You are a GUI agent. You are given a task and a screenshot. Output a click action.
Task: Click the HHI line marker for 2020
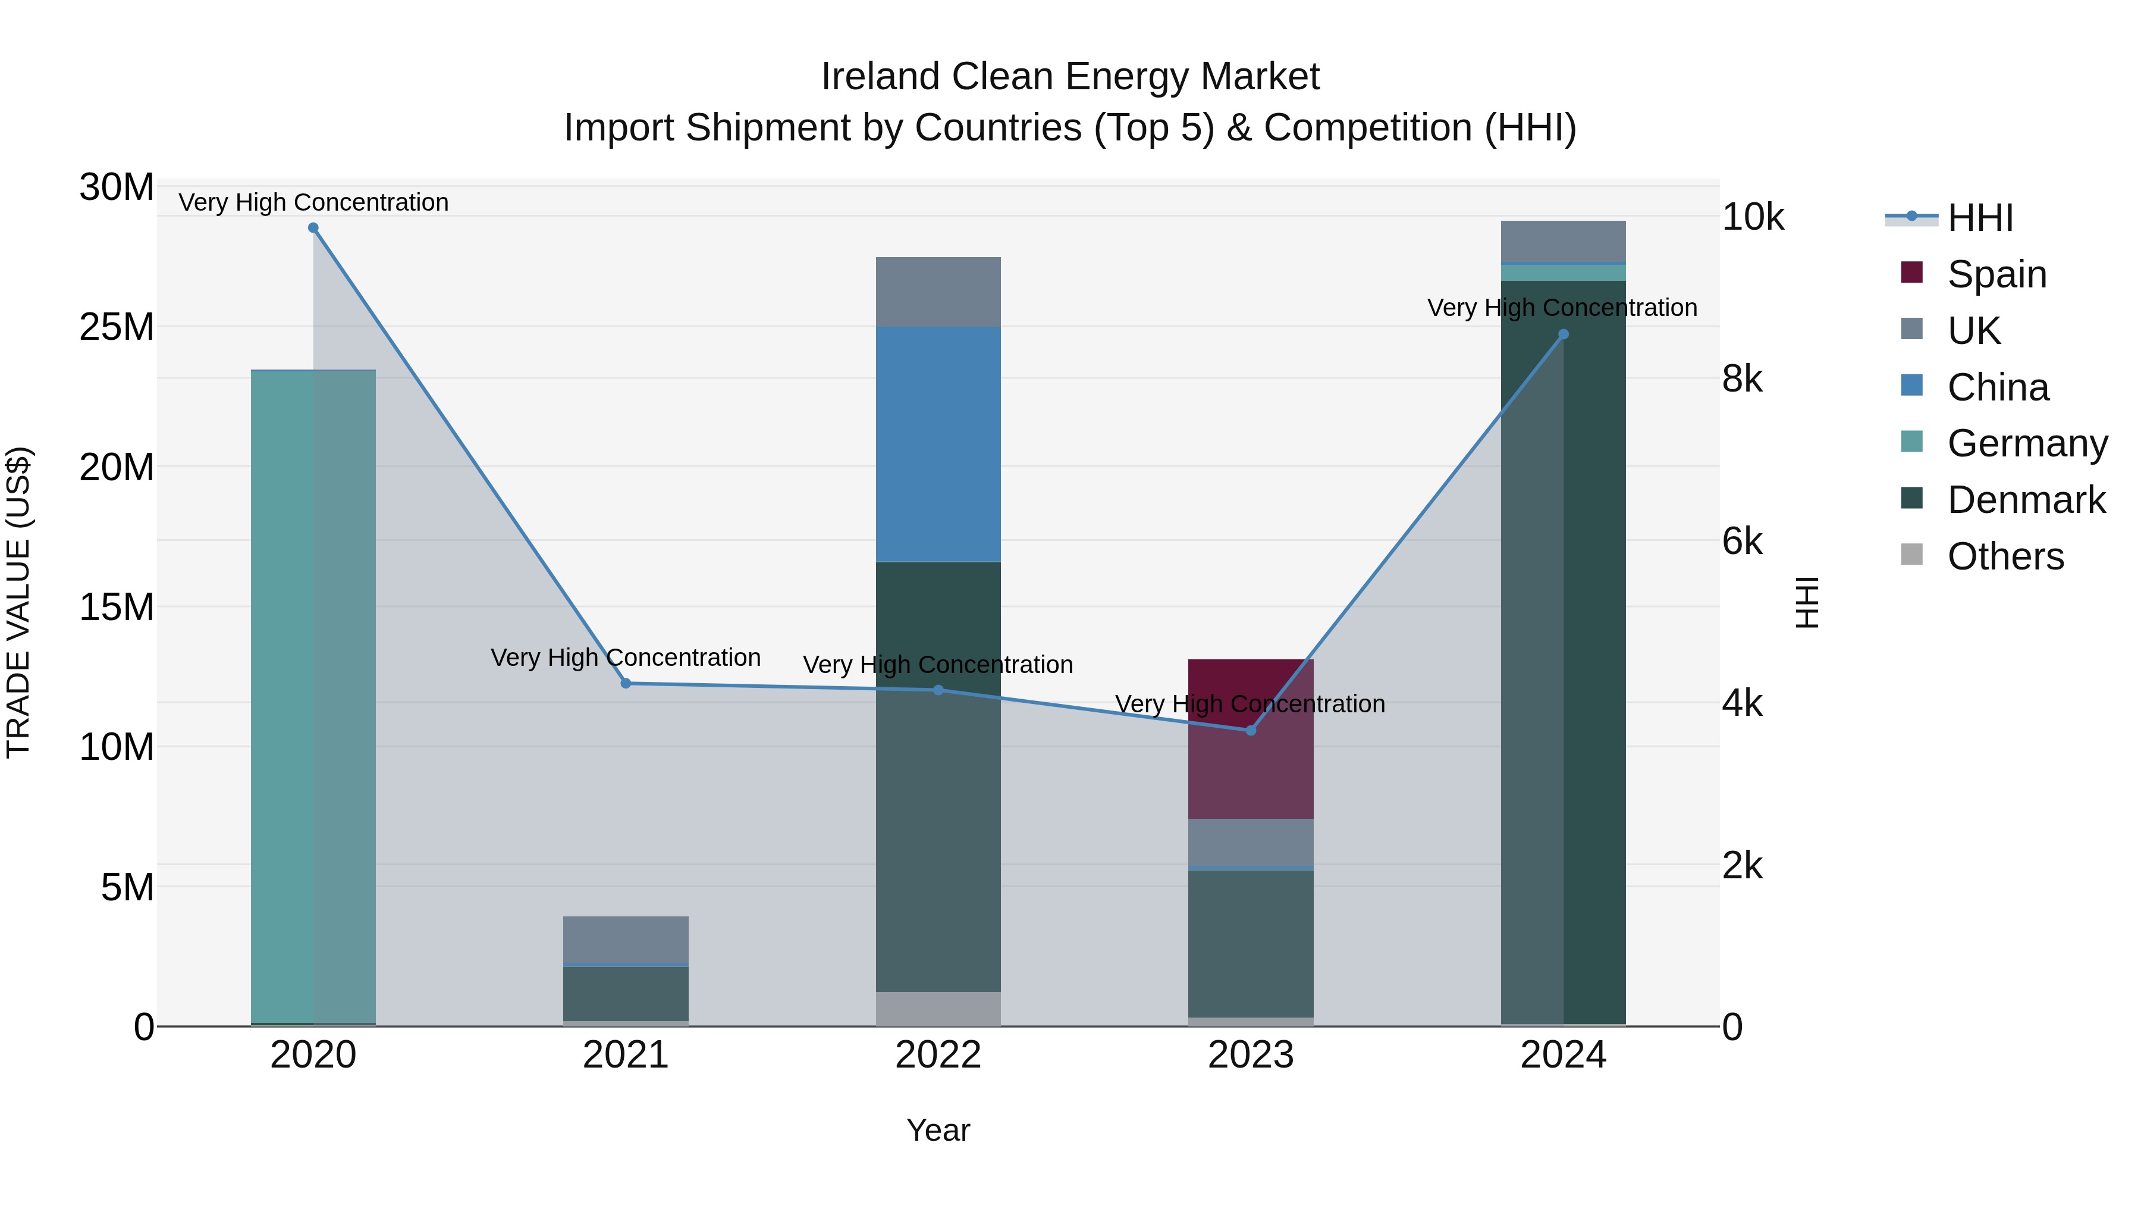[x=313, y=228]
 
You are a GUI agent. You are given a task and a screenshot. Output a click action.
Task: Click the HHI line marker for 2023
[x=1251, y=730]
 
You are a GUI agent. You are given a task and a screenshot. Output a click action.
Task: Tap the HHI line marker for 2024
[x=1564, y=334]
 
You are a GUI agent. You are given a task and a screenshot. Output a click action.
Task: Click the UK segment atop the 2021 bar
[x=626, y=939]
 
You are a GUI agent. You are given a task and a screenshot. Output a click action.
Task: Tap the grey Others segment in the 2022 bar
[x=938, y=1008]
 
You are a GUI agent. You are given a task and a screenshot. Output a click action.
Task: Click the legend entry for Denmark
[x=2026, y=500]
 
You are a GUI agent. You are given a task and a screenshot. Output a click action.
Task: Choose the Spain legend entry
[x=1996, y=274]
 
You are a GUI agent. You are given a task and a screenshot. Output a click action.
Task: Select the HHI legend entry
[x=1980, y=218]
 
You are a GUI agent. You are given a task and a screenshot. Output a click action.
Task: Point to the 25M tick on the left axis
[x=117, y=327]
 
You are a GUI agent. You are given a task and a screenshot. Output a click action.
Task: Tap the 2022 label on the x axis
[x=938, y=1055]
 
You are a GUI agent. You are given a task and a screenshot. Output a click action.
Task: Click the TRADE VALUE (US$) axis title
[x=18, y=602]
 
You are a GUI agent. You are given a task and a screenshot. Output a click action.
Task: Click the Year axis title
[x=938, y=1130]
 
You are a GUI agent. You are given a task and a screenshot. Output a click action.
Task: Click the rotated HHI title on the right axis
[x=1807, y=602]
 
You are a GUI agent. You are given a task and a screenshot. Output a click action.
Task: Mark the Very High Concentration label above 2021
[x=626, y=658]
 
